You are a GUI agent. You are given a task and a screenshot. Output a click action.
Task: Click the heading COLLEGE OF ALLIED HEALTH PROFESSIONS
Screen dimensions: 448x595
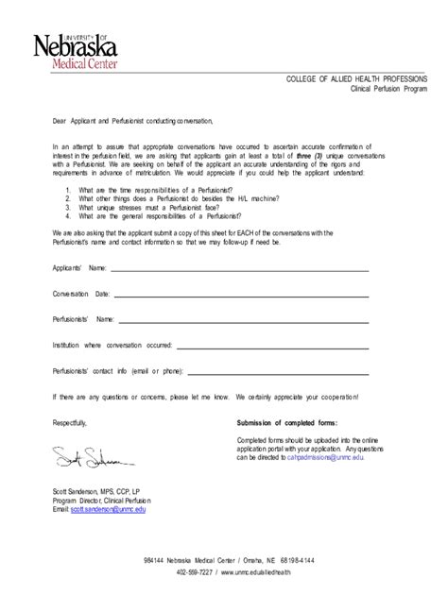(356, 79)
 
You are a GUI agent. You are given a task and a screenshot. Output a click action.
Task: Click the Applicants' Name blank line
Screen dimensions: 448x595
(240, 268)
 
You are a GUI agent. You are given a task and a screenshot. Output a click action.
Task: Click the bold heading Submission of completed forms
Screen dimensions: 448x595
(285, 424)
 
